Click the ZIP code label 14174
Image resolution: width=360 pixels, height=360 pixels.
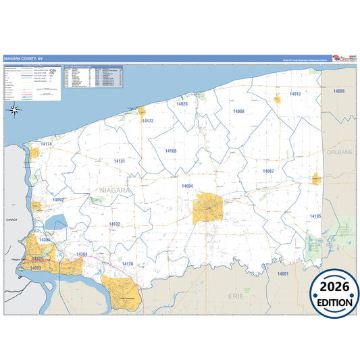point(46,145)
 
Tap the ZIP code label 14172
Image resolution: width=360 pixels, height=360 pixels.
point(148,121)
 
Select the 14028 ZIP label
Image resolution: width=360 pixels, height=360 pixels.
point(182,104)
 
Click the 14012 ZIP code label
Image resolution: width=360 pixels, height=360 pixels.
point(294,94)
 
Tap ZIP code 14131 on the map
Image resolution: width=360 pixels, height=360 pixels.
point(119,161)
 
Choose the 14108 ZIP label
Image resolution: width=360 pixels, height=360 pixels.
point(171,151)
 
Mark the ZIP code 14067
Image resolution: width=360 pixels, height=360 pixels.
point(268,172)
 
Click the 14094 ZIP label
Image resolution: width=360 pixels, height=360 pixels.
point(187,185)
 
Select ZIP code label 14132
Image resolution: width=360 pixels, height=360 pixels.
point(115,224)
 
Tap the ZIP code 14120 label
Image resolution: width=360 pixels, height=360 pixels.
point(127,263)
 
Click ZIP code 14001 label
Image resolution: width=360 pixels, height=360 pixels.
point(282,274)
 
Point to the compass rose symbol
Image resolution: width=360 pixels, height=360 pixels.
point(13,109)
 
